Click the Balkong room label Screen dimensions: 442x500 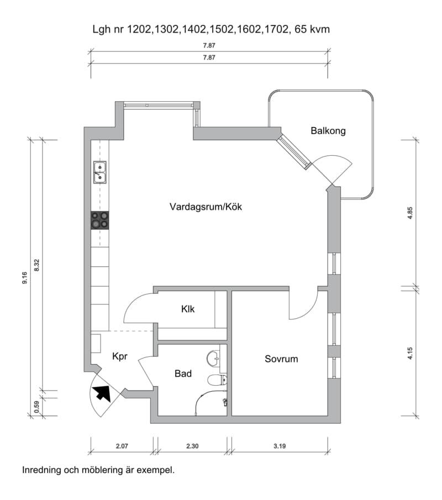click(x=328, y=131)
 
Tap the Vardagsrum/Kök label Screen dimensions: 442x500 click(x=206, y=207)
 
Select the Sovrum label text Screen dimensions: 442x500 click(x=281, y=359)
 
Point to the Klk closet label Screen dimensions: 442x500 click(x=188, y=309)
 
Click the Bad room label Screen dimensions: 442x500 click(x=183, y=373)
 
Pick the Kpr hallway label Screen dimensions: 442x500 click(x=120, y=356)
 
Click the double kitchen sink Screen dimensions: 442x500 click(x=100, y=172)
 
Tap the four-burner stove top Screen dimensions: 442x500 click(x=100, y=220)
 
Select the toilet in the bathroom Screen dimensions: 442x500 click(x=217, y=380)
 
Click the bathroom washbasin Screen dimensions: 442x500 click(x=214, y=359)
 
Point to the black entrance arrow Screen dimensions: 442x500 click(x=102, y=393)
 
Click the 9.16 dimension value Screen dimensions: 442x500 click(x=24, y=278)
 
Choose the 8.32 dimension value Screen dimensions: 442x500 click(x=36, y=265)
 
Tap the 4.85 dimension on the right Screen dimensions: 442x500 click(x=410, y=213)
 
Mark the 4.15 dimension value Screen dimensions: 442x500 click(x=410, y=354)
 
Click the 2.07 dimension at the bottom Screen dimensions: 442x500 click(x=122, y=446)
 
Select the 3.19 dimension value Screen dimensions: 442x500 click(x=280, y=446)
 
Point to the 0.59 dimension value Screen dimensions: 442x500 click(x=36, y=407)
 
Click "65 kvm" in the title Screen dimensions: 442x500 click(x=312, y=29)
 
